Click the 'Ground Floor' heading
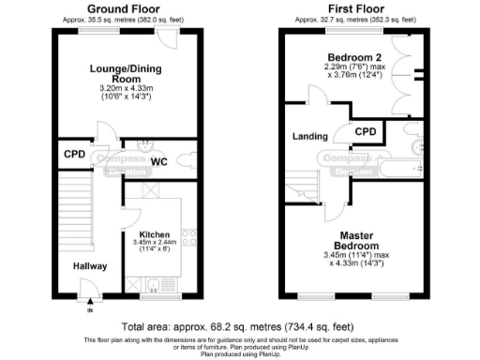coord(123,8)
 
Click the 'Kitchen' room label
coord(154,233)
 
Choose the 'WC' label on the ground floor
coord(159,162)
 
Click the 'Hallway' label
coord(91,266)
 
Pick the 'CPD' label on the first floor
coord(367,132)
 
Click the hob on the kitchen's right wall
coord(187,238)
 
